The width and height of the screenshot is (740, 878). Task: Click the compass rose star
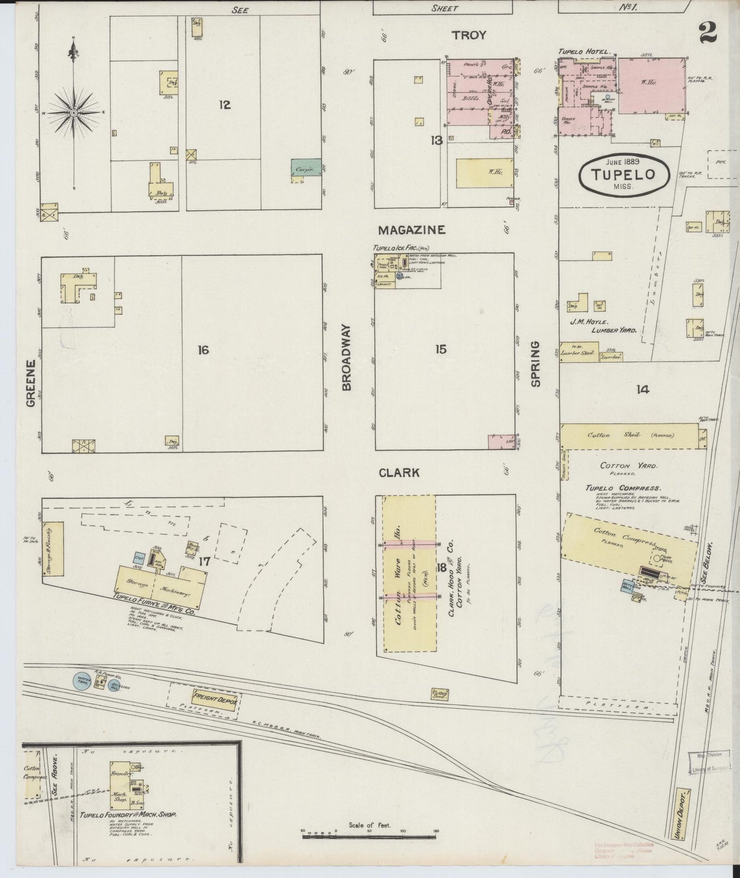click(x=73, y=112)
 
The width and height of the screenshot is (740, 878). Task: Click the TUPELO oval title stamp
click(x=624, y=175)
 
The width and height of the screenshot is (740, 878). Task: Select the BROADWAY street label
click(x=347, y=357)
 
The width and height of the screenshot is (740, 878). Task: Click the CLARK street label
click(x=399, y=473)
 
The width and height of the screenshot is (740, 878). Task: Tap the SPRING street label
click(x=536, y=364)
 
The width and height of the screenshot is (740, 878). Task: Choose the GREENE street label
click(x=31, y=383)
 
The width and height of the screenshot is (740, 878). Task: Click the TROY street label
click(x=468, y=35)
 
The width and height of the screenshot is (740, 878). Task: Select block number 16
click(x=203, y=350)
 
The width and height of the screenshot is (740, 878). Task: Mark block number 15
click(x=441, y=349)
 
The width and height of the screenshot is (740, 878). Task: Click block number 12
click(x=224, y=105)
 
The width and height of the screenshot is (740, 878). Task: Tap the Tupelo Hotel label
click(x=584, y=52)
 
